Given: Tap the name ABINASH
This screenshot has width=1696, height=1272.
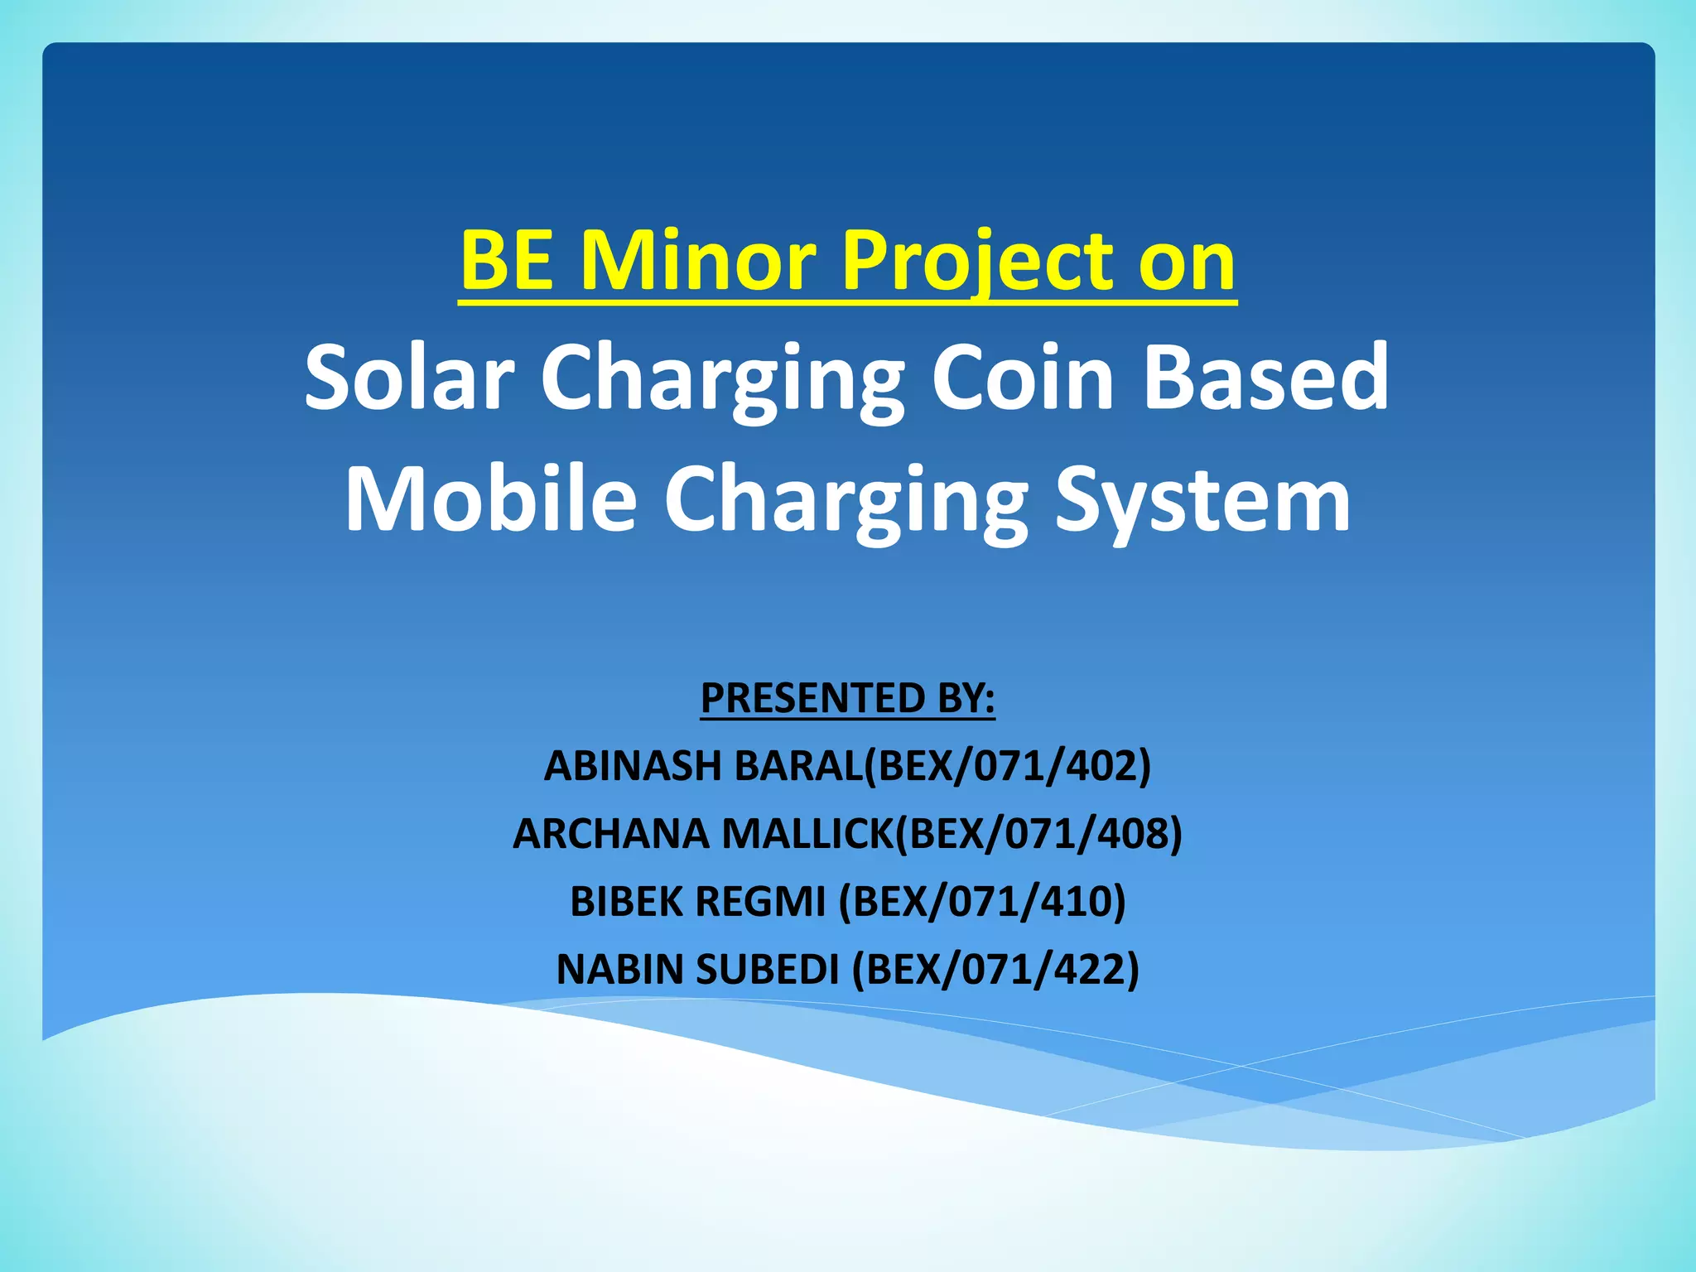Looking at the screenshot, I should pyautogui.click(x=631, y=765).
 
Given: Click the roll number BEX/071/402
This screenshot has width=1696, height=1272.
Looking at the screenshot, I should pyautogui.click(x=1009, y=765).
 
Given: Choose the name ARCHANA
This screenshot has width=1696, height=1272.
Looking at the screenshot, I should pyautogui.click(x=610, y=833).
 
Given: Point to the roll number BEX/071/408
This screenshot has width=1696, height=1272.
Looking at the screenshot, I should pyautogui.click(x=1040, y=833).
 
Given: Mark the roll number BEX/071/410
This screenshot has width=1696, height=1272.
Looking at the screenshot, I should pyautogui.click(x=983, y=901).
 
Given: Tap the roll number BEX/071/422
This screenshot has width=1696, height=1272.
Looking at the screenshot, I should pyautogui.click(x=996, y=969).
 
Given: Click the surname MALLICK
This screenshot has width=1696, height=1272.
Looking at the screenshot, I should pyautogui.click(x=807, y=833).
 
